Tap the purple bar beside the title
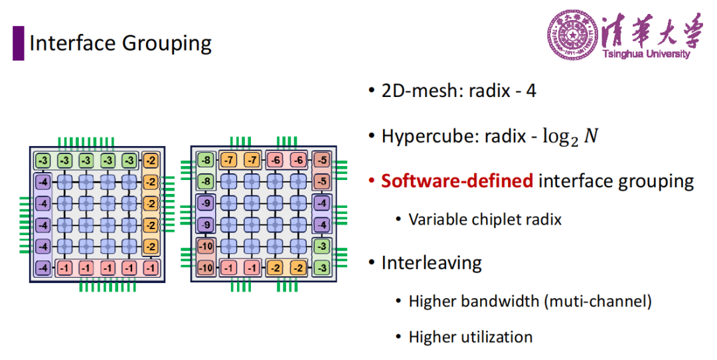coord(19,43)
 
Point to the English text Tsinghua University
coord(646,54)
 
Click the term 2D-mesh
coord(416,90)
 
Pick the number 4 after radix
coord(530,90)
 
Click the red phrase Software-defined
coord(457,181)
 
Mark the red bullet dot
coord(372,181)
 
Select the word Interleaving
coord(432,264)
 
